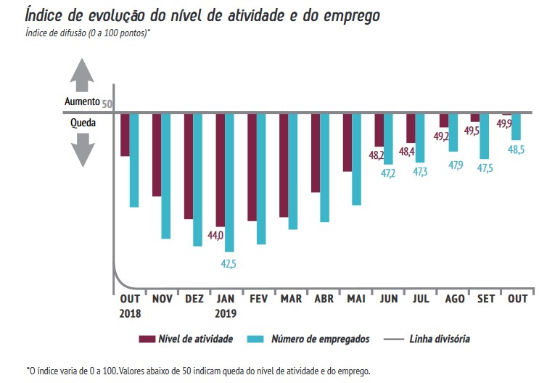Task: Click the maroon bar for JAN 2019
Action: (220, 170)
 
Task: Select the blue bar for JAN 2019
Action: (229, 182)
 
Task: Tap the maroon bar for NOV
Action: (157, 155)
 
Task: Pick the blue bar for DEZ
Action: (197, 180)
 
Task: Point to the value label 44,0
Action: (215, 235)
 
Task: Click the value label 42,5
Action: (228, 263)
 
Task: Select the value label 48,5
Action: (517, 150)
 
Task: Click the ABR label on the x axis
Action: (324, 298)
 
